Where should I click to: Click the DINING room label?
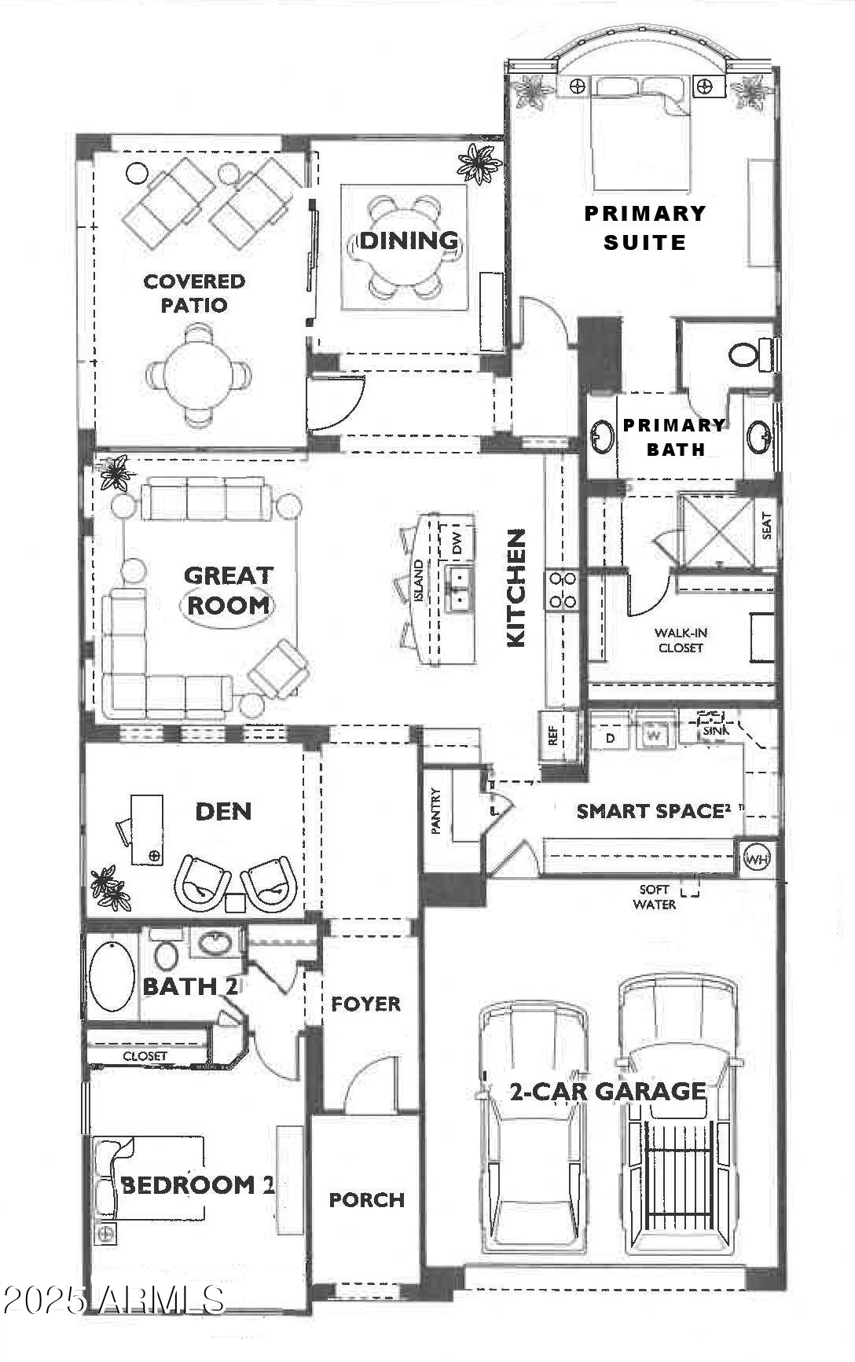click(x=409, y=240)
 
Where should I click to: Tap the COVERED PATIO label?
click(x=194, y=293)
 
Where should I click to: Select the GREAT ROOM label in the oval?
click(x=229, y=590)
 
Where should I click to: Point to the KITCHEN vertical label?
click(x=516, y=588)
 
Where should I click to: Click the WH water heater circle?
click(x=758, y=858)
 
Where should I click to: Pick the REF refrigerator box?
click(x=552, y=736)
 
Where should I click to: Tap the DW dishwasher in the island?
click(x=456, y=541)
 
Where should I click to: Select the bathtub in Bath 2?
click(x=112, y=977)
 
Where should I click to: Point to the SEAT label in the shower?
click(x=766, y=526)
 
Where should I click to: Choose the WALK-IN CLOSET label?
click(x=681, y=641)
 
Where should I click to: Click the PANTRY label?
click(x=437, y=811)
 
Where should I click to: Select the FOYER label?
click(x=365, y=1004)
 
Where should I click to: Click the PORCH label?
click(x=367, y=1199)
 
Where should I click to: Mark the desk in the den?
click(x=146, y=830)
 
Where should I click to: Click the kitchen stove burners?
click(x=563, y=590)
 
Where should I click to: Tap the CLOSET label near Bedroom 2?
click(x=145, y=1056)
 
